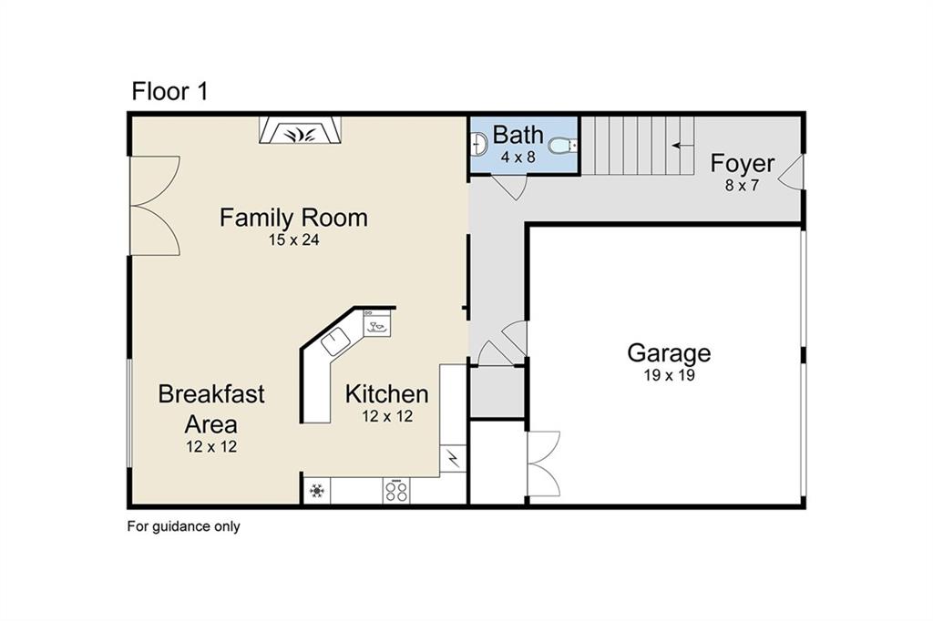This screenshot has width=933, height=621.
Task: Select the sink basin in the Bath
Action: tap(477, 144)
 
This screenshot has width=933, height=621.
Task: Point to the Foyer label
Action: tap(743, 164)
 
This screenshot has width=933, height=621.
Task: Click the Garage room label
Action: tap(669, 353)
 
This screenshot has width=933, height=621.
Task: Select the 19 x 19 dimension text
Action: tap(669, 375)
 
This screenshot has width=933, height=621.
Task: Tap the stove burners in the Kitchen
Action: tap(395, 492)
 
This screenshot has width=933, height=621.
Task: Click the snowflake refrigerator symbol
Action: tap(317, 492)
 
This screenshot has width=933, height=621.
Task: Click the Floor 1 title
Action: tap(170, 91)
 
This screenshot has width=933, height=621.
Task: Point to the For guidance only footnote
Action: tap(183, 526)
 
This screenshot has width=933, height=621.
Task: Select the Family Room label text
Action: tap(293, 219)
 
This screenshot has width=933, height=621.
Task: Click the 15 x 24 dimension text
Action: tap(293, 240)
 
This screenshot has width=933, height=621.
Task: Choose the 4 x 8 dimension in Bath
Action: tap(518, 157)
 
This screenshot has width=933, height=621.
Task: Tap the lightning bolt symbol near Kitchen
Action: tap(453, 458)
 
